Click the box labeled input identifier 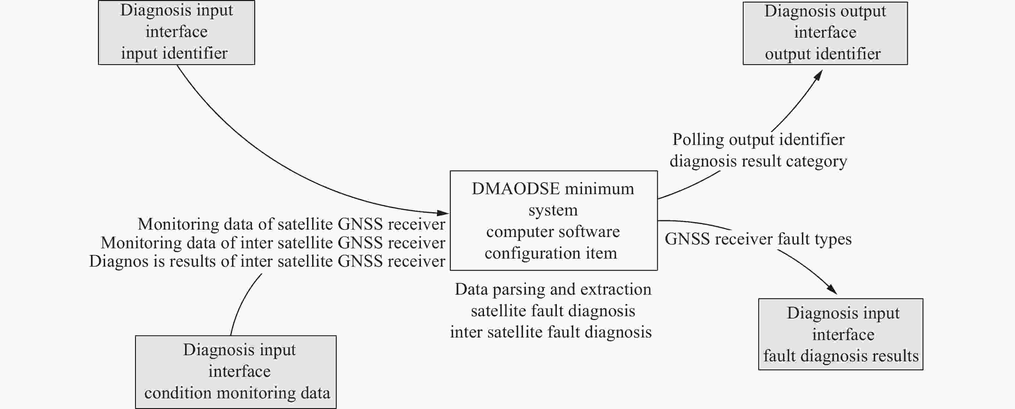176,32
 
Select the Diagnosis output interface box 825,33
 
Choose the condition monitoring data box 236,372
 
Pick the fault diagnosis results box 840,334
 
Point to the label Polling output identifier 758,139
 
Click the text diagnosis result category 758,161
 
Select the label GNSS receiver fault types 758,239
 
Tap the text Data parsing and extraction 553,289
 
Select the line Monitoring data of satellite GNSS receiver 292,224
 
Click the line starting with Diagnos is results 267,261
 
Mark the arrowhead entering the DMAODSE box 443,213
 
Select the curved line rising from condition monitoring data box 242,303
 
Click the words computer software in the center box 553,232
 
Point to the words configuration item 551,253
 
